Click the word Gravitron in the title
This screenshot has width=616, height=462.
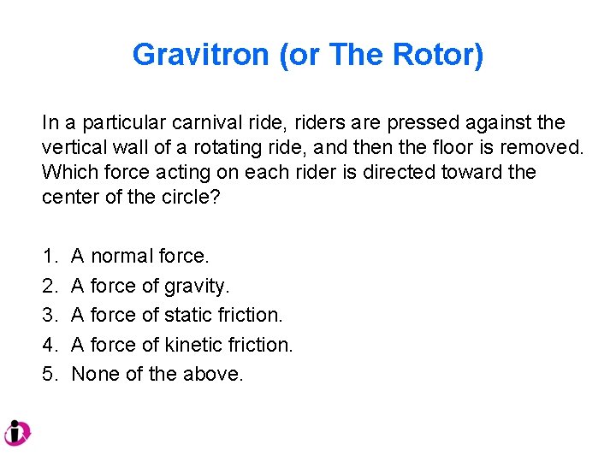201,56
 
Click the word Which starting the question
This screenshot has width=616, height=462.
67,172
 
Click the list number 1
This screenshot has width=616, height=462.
47,256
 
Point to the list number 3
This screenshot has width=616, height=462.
47,315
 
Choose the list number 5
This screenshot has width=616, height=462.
47,374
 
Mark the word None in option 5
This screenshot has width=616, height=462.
95,374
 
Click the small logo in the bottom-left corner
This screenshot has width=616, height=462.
16,433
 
